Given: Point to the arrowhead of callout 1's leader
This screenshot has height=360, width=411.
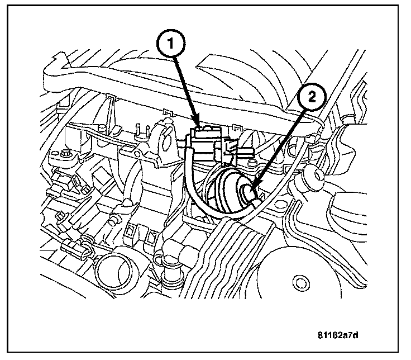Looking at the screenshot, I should tap(197, 126).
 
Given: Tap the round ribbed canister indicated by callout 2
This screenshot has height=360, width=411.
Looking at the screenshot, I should tap(229, 190).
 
